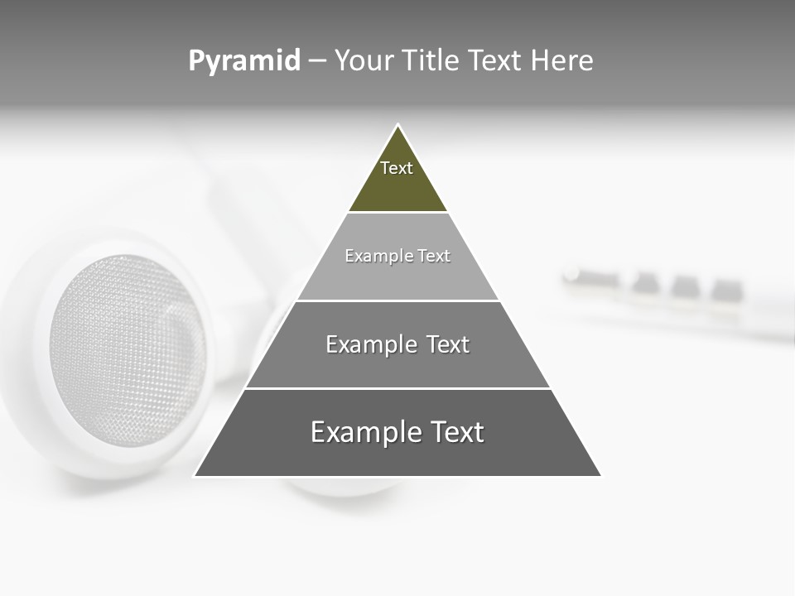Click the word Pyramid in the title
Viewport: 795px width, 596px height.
coord(244,61)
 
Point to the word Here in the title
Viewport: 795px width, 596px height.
coord(562,61)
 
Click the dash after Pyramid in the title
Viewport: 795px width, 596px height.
coord(316,61)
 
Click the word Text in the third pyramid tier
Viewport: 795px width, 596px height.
coord(448,344)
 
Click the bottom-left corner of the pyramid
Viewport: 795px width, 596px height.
coord(195,475)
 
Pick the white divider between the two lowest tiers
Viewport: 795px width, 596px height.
coord(397,388)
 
